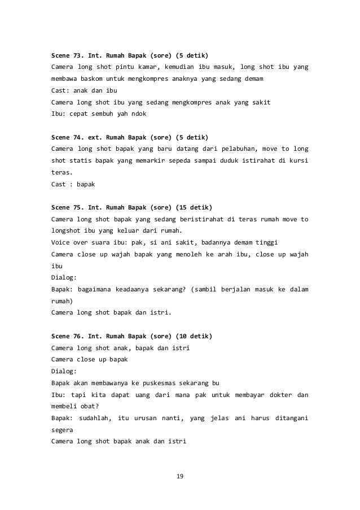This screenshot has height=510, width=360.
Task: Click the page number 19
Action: pyautogui.click(x=180, y=478)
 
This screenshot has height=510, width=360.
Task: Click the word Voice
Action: pyautogui.click(x=62, y=242)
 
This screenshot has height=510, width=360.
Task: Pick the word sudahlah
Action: pyautogui.click(x=95, y=417)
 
